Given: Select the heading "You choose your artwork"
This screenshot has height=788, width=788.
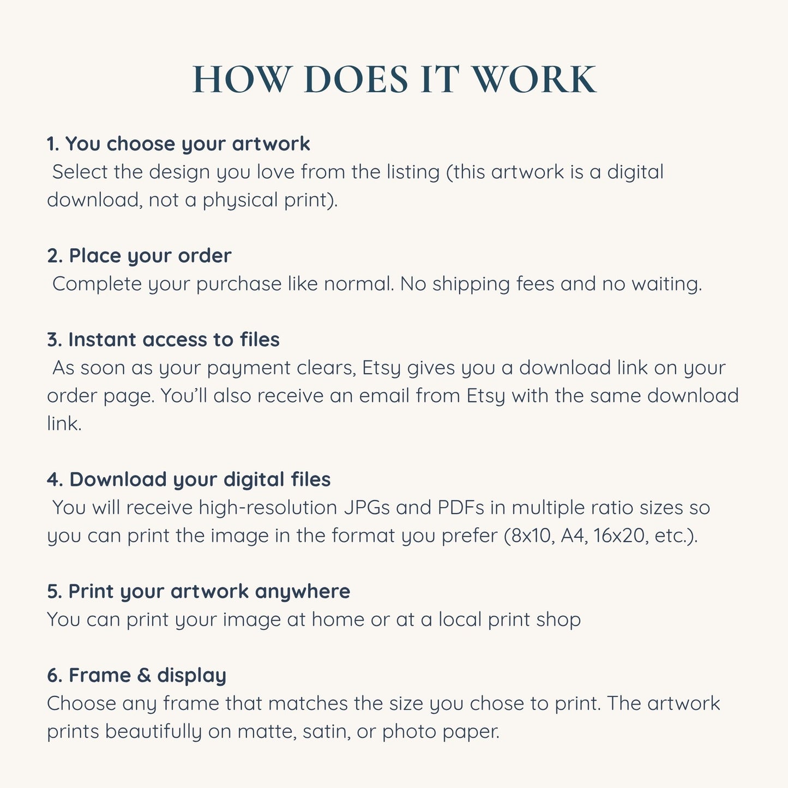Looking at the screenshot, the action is [x=188, y=144].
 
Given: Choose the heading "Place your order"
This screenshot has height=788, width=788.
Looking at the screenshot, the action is [x=150, y=256].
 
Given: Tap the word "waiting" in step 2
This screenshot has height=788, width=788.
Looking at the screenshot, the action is [x=666, y=284].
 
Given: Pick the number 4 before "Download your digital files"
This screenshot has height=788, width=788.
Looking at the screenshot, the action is [x=53, y=480].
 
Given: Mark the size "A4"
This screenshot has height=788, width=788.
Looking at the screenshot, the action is [x=574, y=536].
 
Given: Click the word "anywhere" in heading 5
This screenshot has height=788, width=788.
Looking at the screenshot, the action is [x=303, y=592].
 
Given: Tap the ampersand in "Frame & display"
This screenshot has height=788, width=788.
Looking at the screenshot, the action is [x=144, y=675].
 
